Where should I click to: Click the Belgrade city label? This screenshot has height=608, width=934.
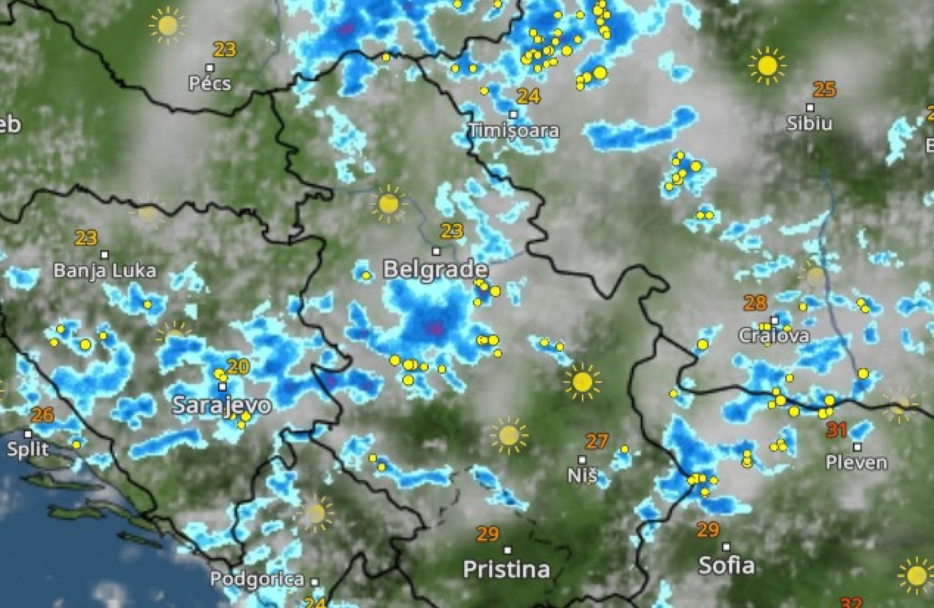[x=435, y=269]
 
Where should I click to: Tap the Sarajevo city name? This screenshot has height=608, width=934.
[x=222, y=405]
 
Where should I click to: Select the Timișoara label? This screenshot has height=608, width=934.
[x=514, y=131]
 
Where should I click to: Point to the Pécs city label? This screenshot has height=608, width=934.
[x=210, y=83]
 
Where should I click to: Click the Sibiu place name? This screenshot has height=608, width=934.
[x=809, y=124]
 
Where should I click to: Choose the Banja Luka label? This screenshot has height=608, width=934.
[x=105, y=271]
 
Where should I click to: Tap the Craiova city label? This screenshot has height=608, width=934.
[x=774, y=336]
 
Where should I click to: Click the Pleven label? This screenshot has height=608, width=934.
[x=856, y=463]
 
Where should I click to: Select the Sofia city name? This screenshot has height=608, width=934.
[x=726, y=566]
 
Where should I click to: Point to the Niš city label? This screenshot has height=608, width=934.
[x=582, y=476]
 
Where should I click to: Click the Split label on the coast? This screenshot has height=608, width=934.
[x=28, y=449]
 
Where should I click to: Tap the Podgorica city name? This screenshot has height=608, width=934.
[x=257, y=579]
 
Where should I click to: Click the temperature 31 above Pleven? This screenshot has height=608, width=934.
[x=837, y=430]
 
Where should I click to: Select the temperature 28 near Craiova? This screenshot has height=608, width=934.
[x=755, y=303]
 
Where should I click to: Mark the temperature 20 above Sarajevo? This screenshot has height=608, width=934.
[x=238, y=366]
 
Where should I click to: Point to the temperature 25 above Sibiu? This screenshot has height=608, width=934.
[x=824, y=90]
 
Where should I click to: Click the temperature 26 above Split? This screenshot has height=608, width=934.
[x=42, y=415]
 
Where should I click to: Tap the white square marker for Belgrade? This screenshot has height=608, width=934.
[x=436, y=252]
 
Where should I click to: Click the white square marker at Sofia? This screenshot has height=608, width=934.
[x=726, y=547]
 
